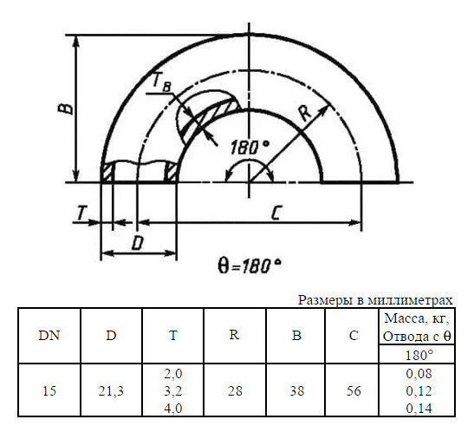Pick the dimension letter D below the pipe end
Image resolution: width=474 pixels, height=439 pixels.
pyautogui.click(x=137, y=244)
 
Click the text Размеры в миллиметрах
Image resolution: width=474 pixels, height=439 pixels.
pyautogui.click(x=375, y=300)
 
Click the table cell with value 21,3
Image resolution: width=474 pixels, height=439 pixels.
pyautogui.click(x=111, y=390)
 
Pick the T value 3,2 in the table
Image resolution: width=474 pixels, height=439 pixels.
pyautogui.click(x=172, y=390)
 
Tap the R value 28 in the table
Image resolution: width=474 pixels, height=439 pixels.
pyautogui.click(x=234, y=390)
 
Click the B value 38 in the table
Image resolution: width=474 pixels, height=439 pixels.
pyautogui.click(x=296, y=390)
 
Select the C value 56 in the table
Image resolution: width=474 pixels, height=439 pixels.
pyautogui.click(x=353, y=390)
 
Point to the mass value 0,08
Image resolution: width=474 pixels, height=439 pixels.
pyautogui.click(x=419, y=375)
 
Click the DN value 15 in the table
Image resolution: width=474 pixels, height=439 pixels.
pyautogui.click(x=50, y=390)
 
